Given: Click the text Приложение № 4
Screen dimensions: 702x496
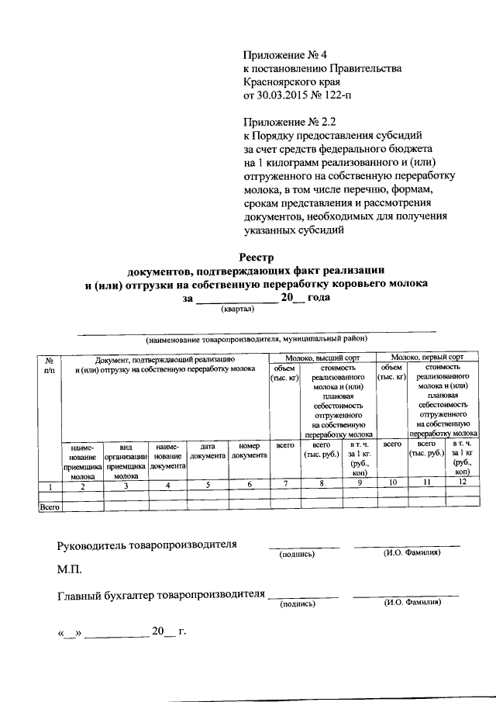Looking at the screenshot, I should [x=286, y=55].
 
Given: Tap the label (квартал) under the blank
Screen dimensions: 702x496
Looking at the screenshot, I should [x=238, y=309].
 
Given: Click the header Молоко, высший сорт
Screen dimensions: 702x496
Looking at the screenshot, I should [x=322, y=357].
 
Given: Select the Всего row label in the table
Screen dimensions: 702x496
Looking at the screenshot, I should [x=50, y=507].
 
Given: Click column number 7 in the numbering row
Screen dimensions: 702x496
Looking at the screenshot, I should [x=284, y=486].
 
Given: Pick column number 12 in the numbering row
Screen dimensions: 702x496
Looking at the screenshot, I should [x=463, y=486].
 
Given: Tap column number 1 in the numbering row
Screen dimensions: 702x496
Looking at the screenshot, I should [x=50, y=486].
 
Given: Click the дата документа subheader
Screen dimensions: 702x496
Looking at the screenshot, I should [x=207, y=452].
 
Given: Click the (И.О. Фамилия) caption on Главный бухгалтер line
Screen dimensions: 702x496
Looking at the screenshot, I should [x=411, y=602].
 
